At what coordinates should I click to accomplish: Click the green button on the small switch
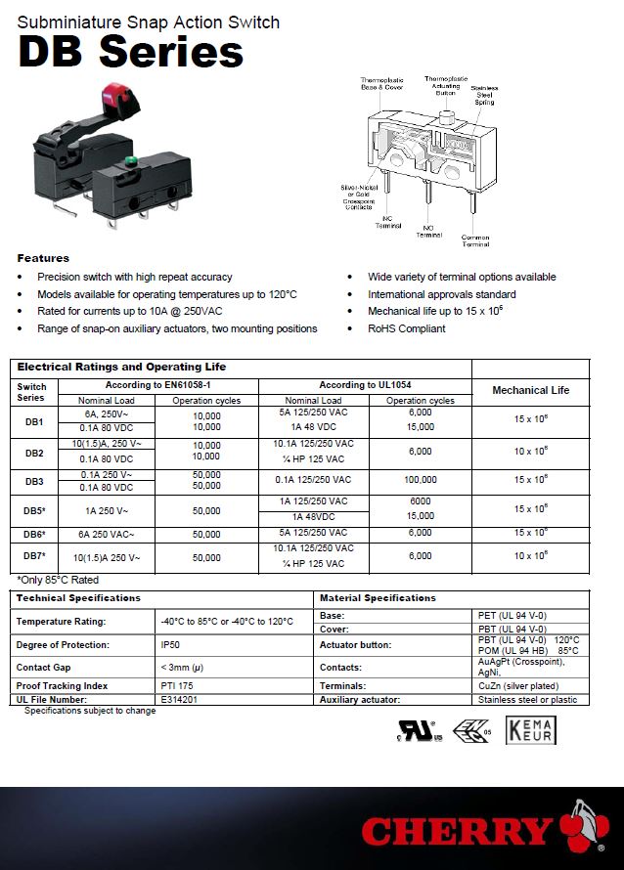point(129,159)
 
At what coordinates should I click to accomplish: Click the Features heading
point(43,258)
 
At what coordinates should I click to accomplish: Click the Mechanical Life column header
point(530,390)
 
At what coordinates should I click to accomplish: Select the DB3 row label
point(34,480)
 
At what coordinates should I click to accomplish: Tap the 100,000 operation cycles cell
point(420,480)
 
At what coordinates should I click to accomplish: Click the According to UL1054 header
point(364,385)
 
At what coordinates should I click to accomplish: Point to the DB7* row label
point(35,556)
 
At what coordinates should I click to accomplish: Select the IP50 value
point(170,645)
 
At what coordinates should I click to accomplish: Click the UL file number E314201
point(179,699)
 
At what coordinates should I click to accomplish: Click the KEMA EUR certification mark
point(530,731)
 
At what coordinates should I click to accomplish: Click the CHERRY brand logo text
point(456,832)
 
